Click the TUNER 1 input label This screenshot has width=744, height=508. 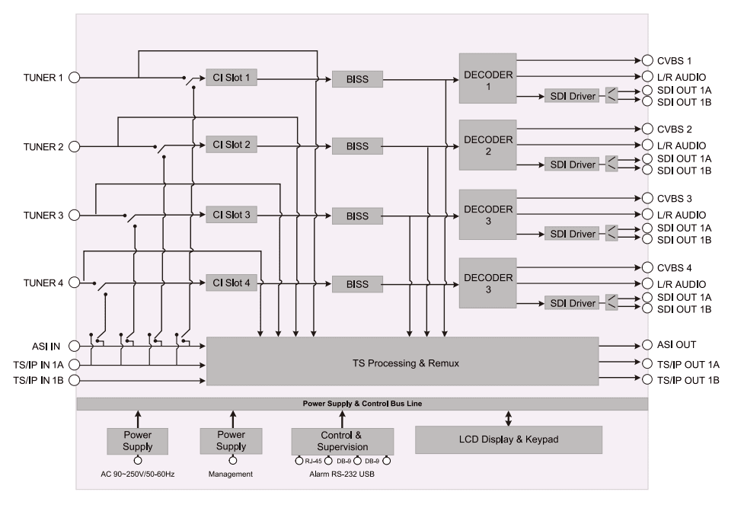[x=44, y=77]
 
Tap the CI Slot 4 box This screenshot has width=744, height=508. [x=231, y=283]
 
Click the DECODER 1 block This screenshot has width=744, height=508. [x=487, y=78]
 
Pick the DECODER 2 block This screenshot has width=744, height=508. [x=487, y=145]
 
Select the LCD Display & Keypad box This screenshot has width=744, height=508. [x=508, y=439]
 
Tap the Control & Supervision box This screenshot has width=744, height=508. [x=342, y=441]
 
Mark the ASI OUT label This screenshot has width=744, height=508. [x=675, y=344]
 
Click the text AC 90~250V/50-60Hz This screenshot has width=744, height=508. [x=137, y=473]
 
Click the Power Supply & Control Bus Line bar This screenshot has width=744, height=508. [x=362, y=404]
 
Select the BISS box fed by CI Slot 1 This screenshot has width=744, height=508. [x=357, y=78]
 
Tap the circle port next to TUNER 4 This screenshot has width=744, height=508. [x=75, y=283]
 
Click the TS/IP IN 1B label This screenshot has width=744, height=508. [x=39, y=379]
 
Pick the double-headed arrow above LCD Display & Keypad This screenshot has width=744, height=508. [x=509, y=418]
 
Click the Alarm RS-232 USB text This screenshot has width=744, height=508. [x=341, y=473]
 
